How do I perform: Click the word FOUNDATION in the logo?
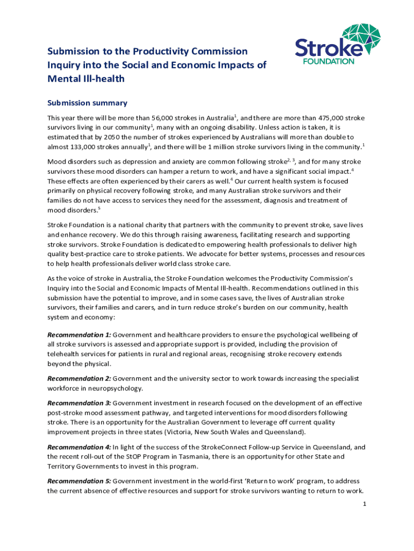coord(330,61)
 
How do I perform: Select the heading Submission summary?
coord(87,103)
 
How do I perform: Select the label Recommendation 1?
coord(79,335)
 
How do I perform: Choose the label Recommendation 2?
coord(79,378)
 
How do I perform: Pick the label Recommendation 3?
coord(79,403)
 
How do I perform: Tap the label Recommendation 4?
coord(79,447)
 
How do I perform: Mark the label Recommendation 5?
coord(79,481)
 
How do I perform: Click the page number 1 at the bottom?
coord(364,504)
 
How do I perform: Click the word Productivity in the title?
coord(147,52)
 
